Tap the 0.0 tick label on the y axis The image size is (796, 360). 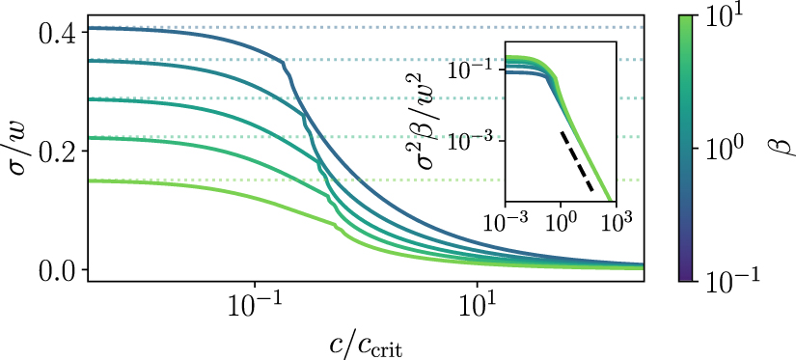click(x=56, y=269)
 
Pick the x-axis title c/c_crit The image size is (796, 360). click(x=365, y=343)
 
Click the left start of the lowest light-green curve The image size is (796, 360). click(x=90, y=180)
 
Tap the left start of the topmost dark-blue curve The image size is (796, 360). click(x=90, y=28)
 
